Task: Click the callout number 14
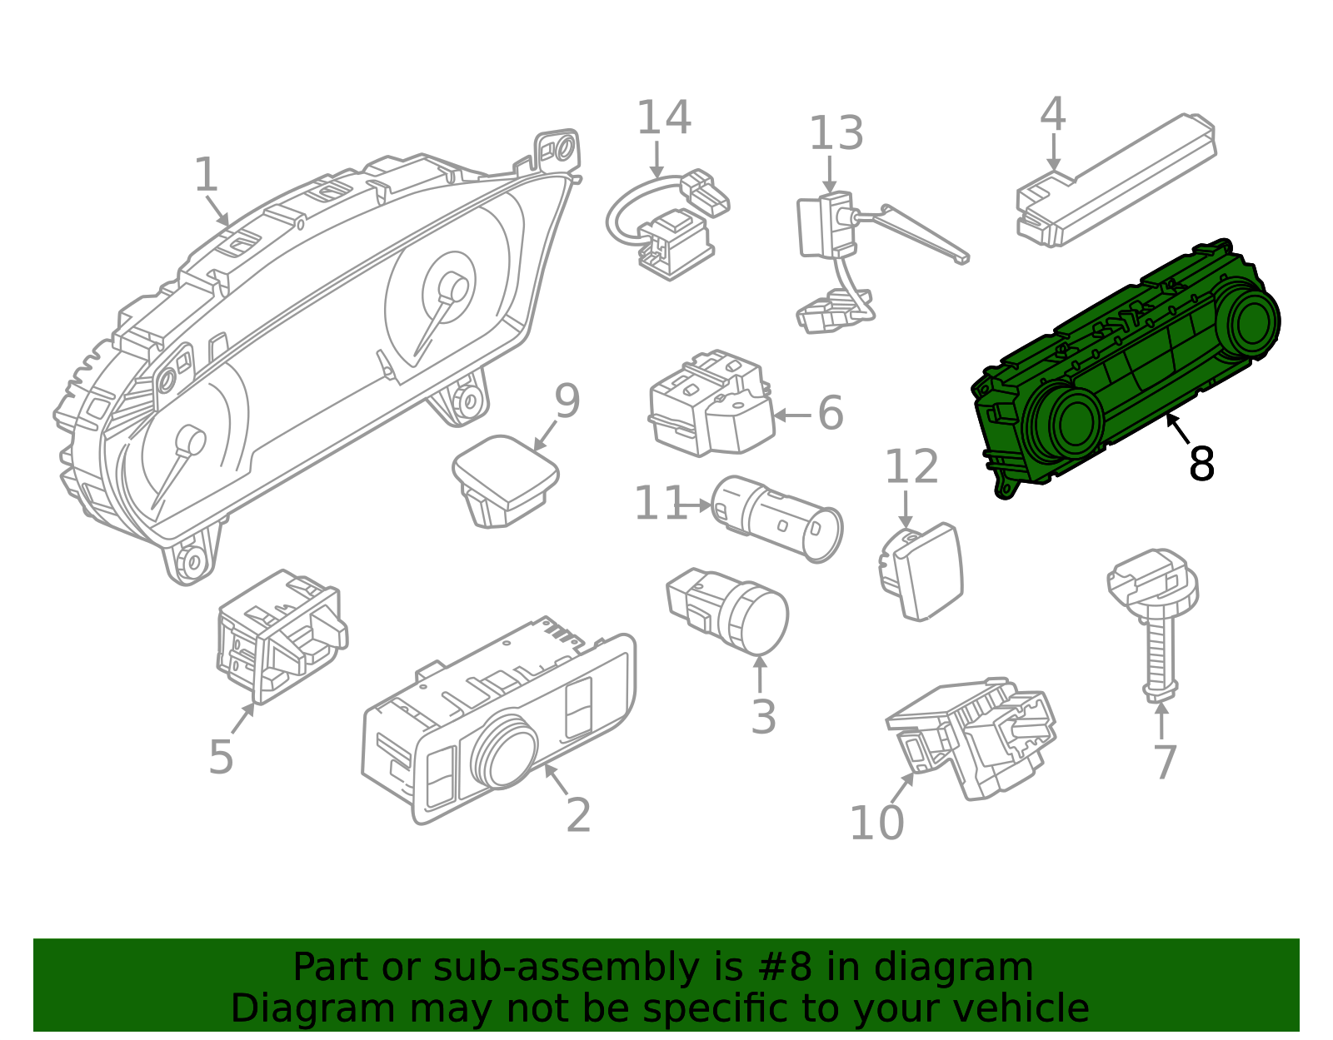pyautogui.click(x=664, y=117)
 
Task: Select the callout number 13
pyautogui.click(x=836, y=133)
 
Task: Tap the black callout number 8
pyautogui.click(x=1201, y=464)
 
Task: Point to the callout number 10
pyautogui.click(x=876, y=823)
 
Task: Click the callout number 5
pyautogui.click(x=221, y=758)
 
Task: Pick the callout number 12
pyautogui.click(x=911, y=467)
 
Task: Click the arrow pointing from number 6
pyautogui.click(x=792, y=416)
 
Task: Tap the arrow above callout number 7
pyautogui.click(x=1161, y=721)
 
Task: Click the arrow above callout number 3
pyautogui.click(x=760, y=674)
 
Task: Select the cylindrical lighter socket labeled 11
pyautogui.click(x=776, y=519)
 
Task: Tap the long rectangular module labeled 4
pyautogui.click(x=1116, y=181)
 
